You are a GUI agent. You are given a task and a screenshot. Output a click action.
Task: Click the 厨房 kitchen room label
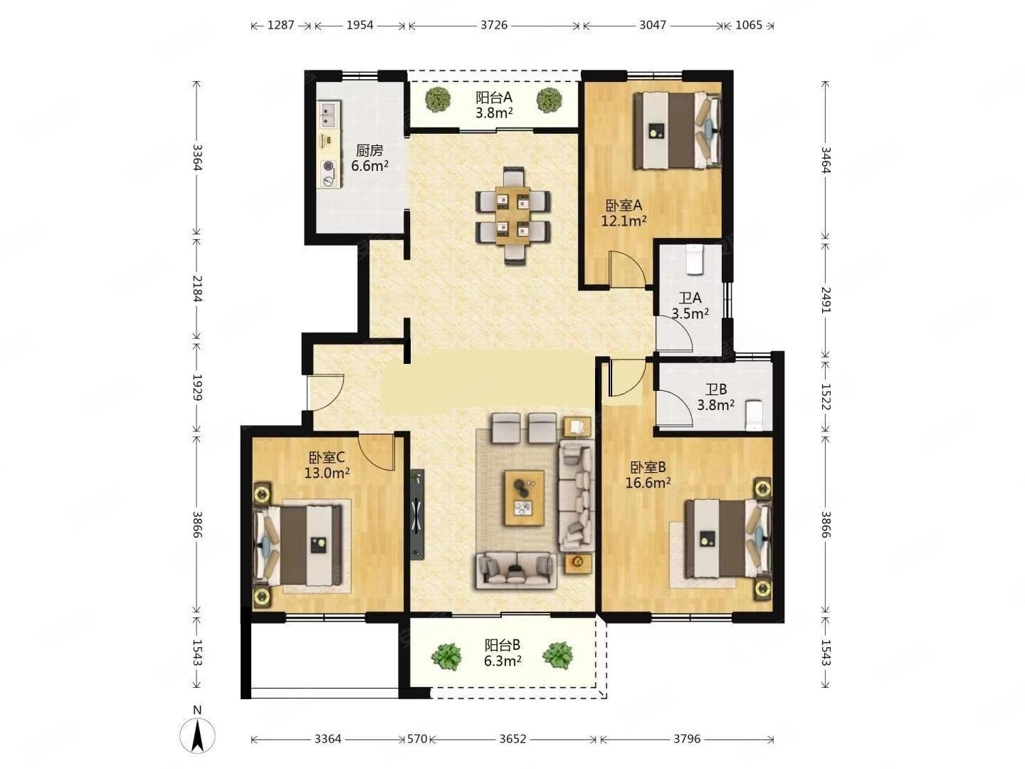369,158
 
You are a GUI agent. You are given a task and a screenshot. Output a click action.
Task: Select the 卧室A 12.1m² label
624,212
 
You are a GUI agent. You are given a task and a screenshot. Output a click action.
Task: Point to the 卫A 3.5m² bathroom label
690,305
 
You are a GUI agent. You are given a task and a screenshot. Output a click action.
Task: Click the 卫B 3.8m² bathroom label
715,397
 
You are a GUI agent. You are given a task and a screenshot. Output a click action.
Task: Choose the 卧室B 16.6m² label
648,475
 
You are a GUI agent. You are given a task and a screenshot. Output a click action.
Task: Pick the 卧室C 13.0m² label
328,464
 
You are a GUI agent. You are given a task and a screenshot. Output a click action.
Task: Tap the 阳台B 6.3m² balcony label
503,652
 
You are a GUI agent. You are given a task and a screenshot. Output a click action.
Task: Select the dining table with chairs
512,215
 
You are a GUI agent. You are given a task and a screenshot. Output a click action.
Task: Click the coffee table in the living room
524,497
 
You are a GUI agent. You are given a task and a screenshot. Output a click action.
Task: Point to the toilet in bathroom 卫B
753,415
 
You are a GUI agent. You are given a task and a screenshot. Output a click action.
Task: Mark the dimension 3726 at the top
493,25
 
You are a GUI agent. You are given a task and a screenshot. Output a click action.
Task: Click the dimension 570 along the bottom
416,739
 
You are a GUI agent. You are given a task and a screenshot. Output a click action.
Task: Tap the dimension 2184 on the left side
197,288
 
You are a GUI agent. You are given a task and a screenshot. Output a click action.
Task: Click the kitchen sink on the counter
328,110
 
